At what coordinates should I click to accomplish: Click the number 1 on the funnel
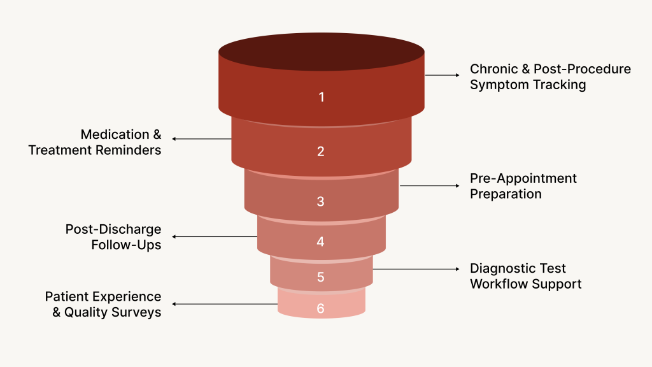[322, 97]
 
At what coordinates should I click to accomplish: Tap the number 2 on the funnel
[321, 151]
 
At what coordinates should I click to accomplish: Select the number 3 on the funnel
[321, 201]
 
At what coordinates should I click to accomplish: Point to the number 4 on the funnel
[321, 241]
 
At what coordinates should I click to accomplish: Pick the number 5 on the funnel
[321, 277]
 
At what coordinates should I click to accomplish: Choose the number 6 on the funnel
[321, 308]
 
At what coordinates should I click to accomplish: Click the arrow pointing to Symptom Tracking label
[442, 75]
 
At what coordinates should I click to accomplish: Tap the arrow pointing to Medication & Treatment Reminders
[201, 139]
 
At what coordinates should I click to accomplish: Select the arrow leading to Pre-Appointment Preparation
[429, 186]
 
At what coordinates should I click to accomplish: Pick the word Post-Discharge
[113, 229]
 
